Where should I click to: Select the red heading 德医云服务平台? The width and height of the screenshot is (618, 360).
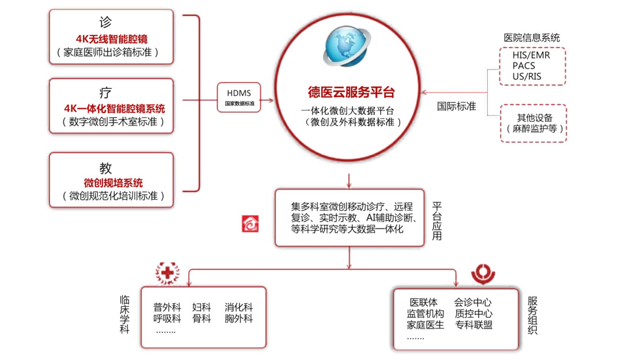[351, 92]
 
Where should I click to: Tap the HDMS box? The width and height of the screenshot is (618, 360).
[239, 98]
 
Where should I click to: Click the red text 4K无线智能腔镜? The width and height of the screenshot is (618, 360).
[112, 39]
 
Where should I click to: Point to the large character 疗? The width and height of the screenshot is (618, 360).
[106, 93]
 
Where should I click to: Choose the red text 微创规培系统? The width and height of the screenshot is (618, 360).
[113, 183]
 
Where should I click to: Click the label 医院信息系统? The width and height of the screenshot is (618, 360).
[532, 38]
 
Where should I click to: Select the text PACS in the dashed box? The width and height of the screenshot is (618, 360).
[524, 66]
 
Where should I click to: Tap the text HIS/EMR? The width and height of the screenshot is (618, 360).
[531, 55]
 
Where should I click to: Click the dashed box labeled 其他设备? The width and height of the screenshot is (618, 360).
[533, 123]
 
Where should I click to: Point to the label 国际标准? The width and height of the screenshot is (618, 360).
[456, 106]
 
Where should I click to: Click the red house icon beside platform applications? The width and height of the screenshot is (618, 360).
[250, 224]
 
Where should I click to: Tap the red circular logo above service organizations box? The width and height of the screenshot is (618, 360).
[483, 274]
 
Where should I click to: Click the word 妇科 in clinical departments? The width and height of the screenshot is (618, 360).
[202, 307]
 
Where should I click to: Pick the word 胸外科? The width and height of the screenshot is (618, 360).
[239, 319]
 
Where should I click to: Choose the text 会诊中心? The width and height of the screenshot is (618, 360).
[473, 303]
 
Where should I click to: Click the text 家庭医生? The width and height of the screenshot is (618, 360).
[425, 325]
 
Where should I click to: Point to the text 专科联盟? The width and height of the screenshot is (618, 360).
[473, 325]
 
